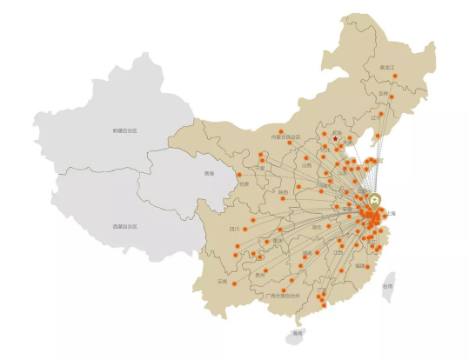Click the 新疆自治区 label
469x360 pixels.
(125, 130)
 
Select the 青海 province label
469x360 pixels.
(209, 174)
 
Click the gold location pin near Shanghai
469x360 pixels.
(375, 201)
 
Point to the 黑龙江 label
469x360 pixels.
(387, 67)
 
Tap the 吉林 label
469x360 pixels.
(384, 94)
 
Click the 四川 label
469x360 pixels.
(233, 230)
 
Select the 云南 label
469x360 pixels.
(223, 282)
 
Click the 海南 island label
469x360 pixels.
(298, 333)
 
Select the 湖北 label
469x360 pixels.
(317, 227)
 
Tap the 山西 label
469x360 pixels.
(306, 164)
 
